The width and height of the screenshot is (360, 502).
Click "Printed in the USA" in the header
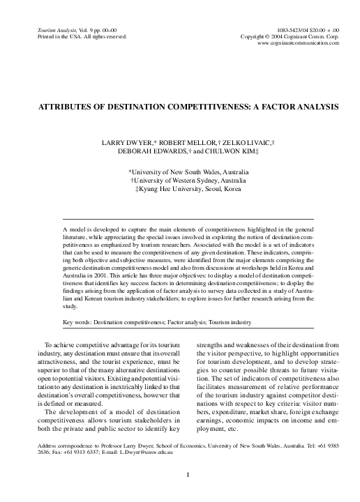coord(52,36)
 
